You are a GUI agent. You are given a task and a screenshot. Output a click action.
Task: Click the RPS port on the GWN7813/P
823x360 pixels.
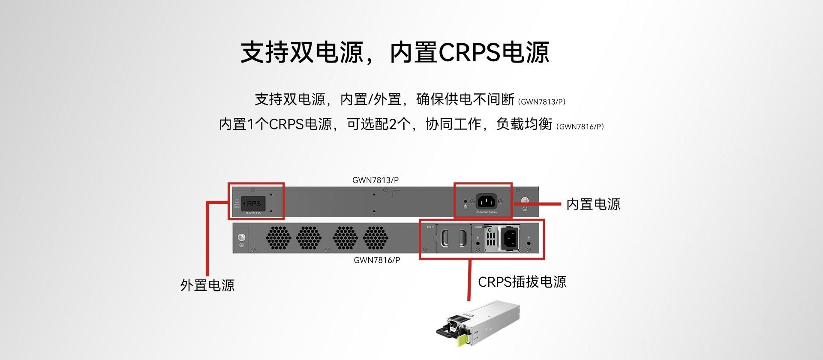point(253,204)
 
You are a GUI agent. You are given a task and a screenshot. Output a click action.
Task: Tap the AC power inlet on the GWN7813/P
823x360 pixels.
point(486,201)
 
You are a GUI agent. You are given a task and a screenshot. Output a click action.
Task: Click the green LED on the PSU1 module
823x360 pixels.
point(490,230)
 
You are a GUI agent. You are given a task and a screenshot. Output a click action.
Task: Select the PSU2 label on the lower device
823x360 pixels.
point(430,227)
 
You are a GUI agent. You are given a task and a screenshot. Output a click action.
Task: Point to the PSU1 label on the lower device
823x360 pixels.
point(479,227)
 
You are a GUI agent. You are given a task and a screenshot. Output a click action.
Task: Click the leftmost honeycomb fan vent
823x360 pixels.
point(278,238)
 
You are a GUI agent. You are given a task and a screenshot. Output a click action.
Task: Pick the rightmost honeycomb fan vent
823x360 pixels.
point(375,238)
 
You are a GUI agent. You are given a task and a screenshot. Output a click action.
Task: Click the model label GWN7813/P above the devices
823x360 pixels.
point(375,180)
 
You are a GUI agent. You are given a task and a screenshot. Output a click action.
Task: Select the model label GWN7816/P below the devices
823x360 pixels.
point(377,260)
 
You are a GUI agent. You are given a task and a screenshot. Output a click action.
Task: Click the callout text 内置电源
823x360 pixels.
point(593,204)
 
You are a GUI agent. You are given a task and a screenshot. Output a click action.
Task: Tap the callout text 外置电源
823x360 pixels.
point(207,285)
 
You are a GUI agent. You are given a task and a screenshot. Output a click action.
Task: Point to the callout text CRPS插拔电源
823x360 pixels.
point(522,282)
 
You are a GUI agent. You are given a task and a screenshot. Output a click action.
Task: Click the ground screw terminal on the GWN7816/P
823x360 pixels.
point(241,237)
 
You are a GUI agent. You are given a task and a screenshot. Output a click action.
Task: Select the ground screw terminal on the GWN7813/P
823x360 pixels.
point(525,201)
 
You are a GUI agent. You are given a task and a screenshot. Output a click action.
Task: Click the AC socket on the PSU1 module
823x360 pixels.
point(510,238)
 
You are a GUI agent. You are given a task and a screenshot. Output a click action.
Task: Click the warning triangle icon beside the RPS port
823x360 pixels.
point(237,201)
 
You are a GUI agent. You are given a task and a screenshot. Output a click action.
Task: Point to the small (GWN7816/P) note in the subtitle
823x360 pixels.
point(580,126)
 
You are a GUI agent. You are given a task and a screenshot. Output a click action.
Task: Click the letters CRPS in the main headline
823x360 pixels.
point(469,53)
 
